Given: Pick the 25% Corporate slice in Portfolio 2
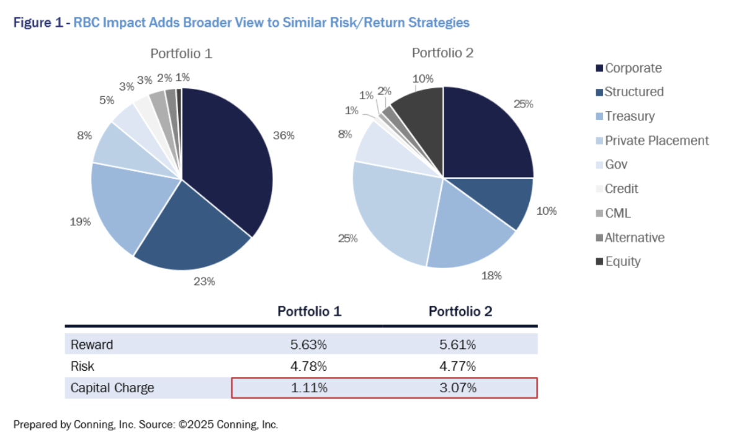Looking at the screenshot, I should pyautogui.click(x=487, y=133).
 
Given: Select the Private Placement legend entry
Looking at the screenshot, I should pyautogui.click(x=656, y=140).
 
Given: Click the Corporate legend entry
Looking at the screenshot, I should pyautogui.click(x=633, y=68).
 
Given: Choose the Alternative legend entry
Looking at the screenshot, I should pyautogui.click(x=634, y=238).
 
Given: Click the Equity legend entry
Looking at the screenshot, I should pyautogui.click(x=622, y=261).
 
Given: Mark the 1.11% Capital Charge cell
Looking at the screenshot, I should pyautogui.click(x=308, y=388).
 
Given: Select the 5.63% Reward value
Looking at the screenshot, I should pyautogui.click(x=308, y=345).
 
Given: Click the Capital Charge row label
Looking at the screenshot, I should pyautogui.click(x=112, y=388).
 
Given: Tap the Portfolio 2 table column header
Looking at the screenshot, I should pyautogui.click(x=460, y=312).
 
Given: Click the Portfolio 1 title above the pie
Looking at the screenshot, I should pyautogui.click(x=181, y=53).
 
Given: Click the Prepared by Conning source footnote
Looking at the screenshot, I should pyautogui.click(x=146, y=425).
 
